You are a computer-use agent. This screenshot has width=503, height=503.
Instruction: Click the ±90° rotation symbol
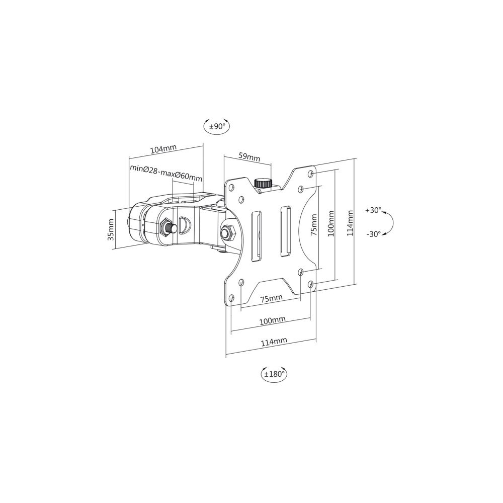click(217, 126)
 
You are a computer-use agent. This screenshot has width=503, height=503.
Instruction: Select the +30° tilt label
click(373, 210)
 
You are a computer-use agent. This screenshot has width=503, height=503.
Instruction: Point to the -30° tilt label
click(373, 234)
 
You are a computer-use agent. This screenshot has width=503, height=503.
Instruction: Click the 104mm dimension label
click(163, 149)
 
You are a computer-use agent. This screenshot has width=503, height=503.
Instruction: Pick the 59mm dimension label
click(249, 157)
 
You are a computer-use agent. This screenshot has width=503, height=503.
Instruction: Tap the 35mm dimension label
click(111, 230)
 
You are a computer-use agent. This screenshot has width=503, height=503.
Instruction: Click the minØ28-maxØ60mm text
click(166, 170)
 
